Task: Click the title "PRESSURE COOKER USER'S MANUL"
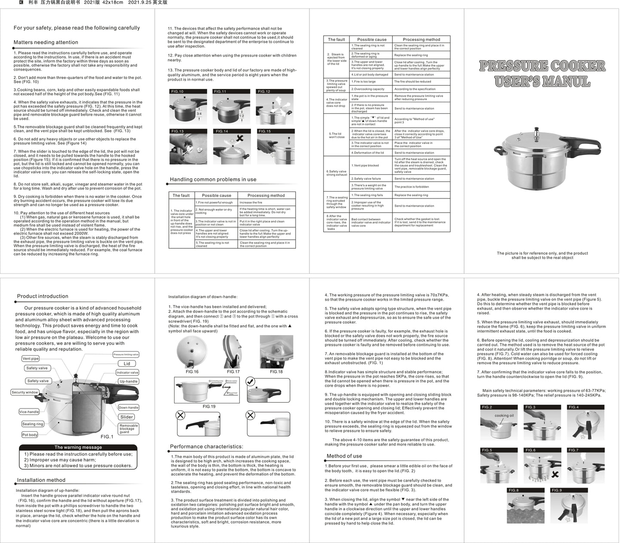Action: coord(542,73)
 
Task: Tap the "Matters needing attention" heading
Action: coord(46,43)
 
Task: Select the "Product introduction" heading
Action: coord(43,296)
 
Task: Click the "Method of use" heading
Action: coord(344,456)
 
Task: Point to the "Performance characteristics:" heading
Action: coord(206,446)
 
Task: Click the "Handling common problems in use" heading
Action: coord(213,180)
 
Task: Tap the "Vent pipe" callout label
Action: coord(31,358)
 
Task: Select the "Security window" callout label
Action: coord(24,392)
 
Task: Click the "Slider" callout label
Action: coord(127,417)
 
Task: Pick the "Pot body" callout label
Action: coord(30,435)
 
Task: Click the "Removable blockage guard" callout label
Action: coord(128,428)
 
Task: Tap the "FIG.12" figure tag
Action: coord(264,92)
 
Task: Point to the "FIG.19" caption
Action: coord(209,406)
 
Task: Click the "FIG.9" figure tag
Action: coord(557,490)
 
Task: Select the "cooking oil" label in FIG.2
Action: coord(504,415)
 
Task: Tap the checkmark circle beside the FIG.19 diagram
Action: coord(251,381)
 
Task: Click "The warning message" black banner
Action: coord(78,447)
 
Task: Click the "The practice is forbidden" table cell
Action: coord(411,187)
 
